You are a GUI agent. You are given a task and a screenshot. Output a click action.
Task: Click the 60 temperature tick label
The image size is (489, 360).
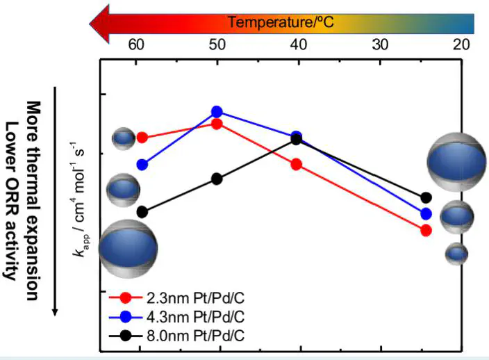click(136, 44)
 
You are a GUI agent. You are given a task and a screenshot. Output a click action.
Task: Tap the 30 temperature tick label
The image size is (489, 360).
click(379, 44)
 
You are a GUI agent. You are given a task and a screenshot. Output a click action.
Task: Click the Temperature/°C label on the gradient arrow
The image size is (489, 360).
click(282, 22)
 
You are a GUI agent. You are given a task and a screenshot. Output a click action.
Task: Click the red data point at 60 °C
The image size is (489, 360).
click(142, 138)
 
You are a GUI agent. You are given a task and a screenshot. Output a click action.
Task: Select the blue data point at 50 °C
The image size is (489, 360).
click(217, 112)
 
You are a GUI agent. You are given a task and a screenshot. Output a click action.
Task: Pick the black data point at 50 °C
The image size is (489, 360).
click(217, 179)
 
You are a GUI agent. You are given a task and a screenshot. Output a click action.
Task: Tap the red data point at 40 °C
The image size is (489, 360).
click(297, 164)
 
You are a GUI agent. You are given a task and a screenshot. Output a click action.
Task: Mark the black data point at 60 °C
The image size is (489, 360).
click(142, 211)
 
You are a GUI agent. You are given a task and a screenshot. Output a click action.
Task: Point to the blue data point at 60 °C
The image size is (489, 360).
click(142, 165)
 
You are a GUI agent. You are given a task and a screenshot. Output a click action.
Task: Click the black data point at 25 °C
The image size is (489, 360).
click(426, 198)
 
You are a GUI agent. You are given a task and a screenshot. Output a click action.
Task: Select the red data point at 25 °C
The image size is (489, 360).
click(426, 230)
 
